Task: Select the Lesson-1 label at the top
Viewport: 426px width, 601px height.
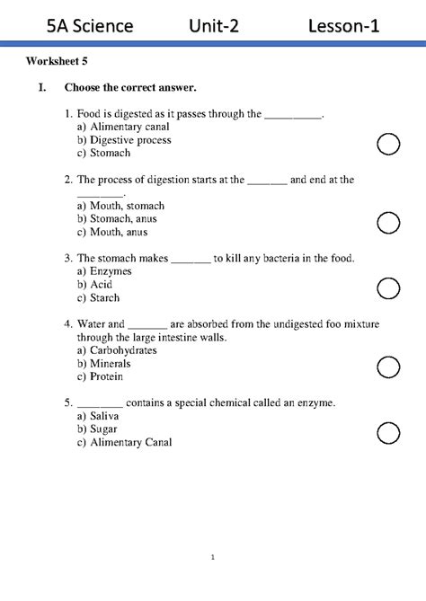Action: [343, 26]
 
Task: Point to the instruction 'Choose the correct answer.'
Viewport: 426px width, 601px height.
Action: [130, 87]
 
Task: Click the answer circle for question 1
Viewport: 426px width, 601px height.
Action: [388, 144]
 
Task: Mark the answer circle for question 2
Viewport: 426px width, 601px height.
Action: [388, 223]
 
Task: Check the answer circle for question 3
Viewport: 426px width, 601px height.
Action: [388, 287]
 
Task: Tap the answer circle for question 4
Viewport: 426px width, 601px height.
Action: [388, 367]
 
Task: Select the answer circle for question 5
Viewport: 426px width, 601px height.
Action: [388, 432]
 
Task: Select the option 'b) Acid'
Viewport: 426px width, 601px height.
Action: [94, 285]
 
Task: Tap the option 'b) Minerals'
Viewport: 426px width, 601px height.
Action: [103, 364]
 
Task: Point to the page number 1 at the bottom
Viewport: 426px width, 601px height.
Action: [213, 558]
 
